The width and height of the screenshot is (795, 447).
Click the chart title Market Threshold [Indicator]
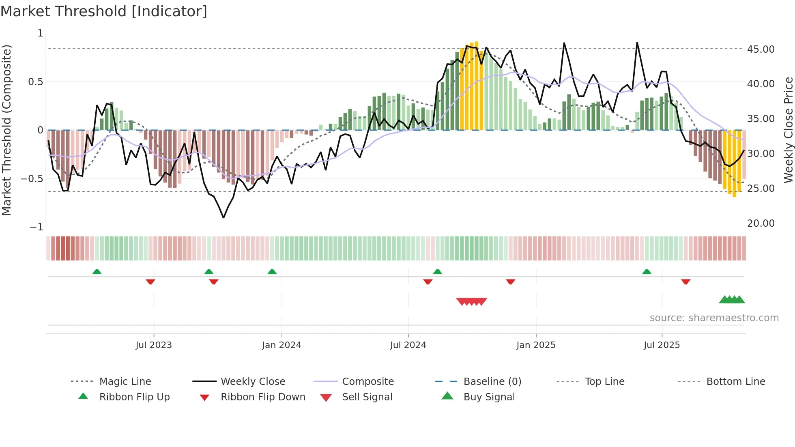pyautogui.click(x=104, y=11)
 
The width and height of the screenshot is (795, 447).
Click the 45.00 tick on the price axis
pyautogui.click(x=761, y=49)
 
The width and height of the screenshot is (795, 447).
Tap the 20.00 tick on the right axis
pyautogui.click(x=761, y=223)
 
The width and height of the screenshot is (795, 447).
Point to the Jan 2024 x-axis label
pyautogui.click(x=281, y=345)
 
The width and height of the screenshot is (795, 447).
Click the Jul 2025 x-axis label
pyautogui.click(x=662, y=345)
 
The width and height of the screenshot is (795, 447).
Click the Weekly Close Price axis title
pyautogui.click(x=788, y=130)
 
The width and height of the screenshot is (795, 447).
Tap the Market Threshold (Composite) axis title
pyautogui.click(x=6, y=130)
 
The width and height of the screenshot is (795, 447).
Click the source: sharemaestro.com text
pyautogui.click(x=714, y=318)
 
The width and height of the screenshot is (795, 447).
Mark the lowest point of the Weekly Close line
pyautogui.click(x=223, y=218)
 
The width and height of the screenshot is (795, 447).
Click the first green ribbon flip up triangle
pyautogui.click(x=97, y=272)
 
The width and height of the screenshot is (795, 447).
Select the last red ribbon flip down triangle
pyautogui.click(x=686, y=282)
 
